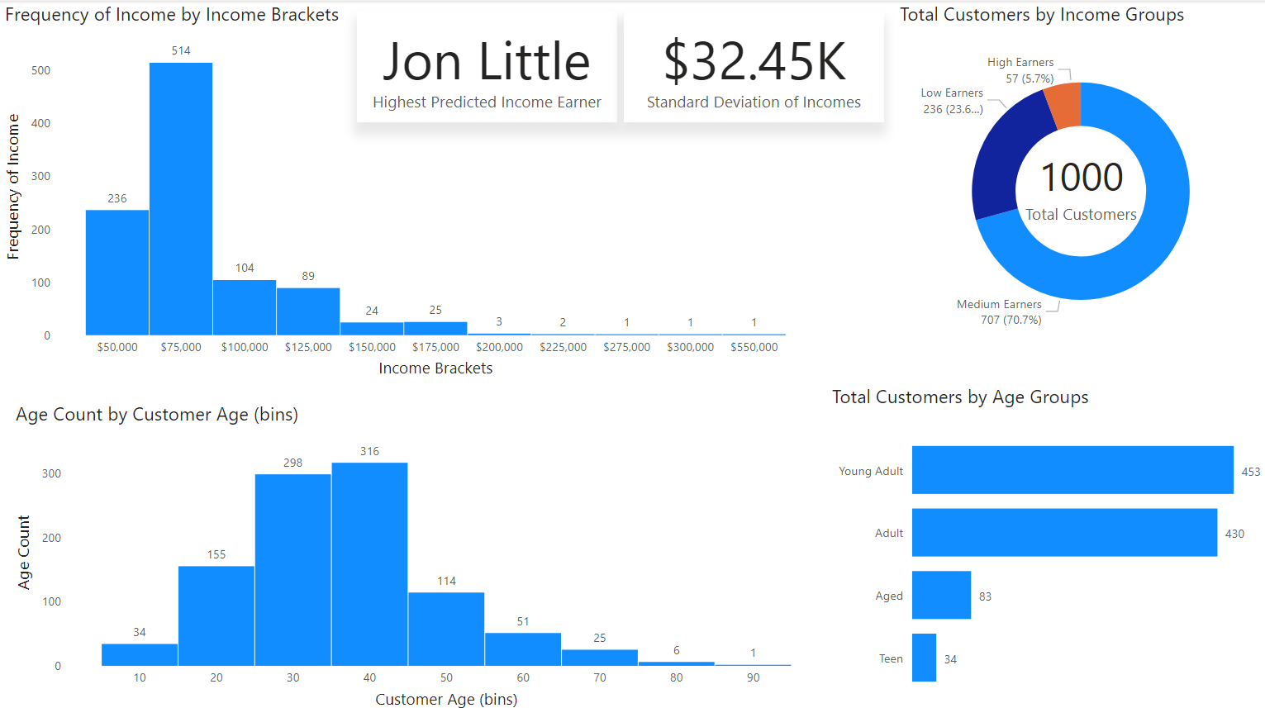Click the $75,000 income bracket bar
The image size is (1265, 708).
point(181,198)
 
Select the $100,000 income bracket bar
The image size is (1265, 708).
point(245,307)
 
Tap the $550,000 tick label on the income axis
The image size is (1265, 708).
point(754,347)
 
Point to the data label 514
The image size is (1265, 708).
point(181,50)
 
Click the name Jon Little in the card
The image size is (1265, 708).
point(486,62)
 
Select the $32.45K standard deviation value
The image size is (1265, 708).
point(754,62)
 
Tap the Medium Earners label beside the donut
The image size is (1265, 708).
point(999,304)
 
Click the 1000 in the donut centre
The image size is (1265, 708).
point(1081,177)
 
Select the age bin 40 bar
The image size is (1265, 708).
point(369,564)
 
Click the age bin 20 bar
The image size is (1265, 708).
point(216,615)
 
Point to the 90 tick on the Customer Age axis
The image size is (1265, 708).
point(753,677)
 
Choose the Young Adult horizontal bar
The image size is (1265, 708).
point(1072,470)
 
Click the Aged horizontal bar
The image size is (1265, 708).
point(941,595)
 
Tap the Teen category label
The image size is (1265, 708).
point(891,658)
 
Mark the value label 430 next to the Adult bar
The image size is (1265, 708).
point(1234,534)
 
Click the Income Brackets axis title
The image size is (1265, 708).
point(435,368)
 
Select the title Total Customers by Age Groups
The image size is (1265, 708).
point(960,397)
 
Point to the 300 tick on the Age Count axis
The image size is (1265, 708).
point(51,473)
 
